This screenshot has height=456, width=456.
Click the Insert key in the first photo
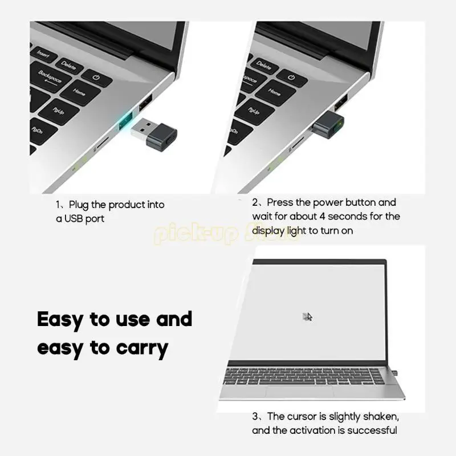tap(43, 52)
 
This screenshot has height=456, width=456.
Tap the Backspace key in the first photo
tap(50, 76)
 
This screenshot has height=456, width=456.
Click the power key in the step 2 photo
tap(291, 78)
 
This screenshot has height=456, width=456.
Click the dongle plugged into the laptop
tap(328, 125)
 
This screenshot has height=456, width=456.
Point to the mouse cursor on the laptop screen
tap(308, 317)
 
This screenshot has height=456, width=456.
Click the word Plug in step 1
tap(79, 205)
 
